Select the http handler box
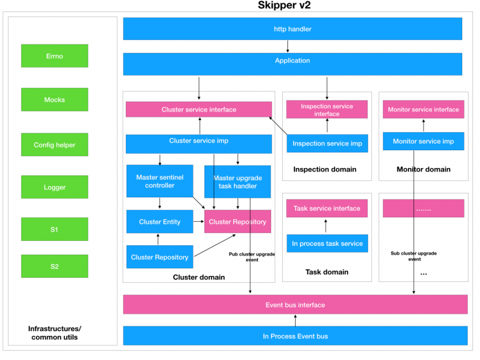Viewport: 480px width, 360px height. point(292,29)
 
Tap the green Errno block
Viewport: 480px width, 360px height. point(54,56)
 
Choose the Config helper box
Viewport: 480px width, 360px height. point(54,144)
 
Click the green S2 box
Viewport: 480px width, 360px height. point(54,266)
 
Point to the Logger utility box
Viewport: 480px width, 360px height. point(54,187)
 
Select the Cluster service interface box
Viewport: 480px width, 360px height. point(198,109)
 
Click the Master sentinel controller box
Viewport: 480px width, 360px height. point(159,181)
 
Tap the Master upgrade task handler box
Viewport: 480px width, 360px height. point(238,182)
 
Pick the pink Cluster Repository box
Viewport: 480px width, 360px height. point(237,222)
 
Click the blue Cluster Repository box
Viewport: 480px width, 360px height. point(159,257)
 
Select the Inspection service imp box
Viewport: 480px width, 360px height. point(327,143)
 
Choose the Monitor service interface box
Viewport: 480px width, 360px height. point(423,109)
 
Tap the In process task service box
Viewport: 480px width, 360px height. point(327,243)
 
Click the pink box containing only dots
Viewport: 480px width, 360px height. point(423,208)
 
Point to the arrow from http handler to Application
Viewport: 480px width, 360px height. point(288,46)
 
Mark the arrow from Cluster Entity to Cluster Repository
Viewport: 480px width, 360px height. point(198,221)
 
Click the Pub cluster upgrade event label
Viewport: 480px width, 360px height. point(252,257)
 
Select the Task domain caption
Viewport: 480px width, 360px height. point(327,272)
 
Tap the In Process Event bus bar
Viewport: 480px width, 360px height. point(295,336)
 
